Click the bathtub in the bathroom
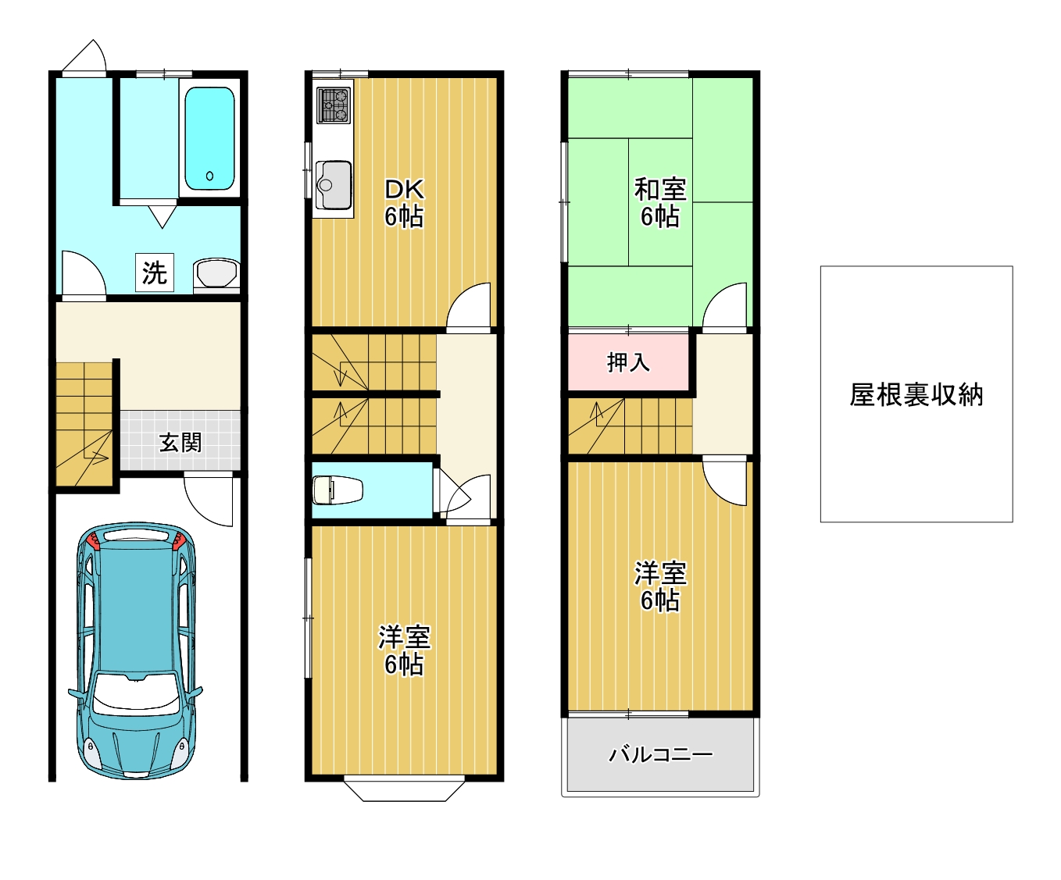click(209, 138)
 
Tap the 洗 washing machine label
click(155, 273)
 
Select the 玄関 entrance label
click(180, 443)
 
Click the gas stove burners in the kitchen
click(334, 105)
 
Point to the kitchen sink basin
click(334, 184)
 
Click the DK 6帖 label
click(404, 202)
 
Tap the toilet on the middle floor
click(338, 490)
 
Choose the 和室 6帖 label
click(660, 202)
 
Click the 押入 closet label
click(628, 362)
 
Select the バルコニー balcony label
click(660, 755)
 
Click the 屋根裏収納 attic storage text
click(916, 395)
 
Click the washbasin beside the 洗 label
click(216, 274)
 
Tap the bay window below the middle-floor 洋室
click(405, 789)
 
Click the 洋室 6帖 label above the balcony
click(660, 586)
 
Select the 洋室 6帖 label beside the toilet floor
click(404, 650)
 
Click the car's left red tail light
click(93, 540)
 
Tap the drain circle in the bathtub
click(209, 176)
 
